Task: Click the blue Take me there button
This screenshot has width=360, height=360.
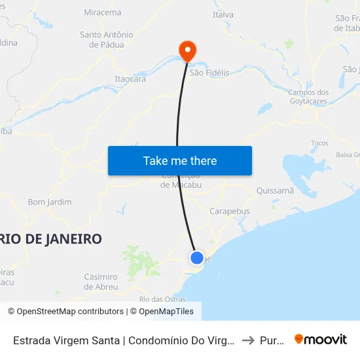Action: point(180,160)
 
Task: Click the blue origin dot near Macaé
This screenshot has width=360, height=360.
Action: point(196,257)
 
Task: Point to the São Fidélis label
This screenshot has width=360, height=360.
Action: point(209,73)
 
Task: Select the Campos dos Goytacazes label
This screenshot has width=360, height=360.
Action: point(308,97)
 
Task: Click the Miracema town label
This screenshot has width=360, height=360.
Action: point(103,12)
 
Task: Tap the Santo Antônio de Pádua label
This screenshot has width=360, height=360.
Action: point(107,39)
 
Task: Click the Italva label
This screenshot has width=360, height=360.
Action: point(223,14)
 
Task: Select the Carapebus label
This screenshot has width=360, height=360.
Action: point(230,211)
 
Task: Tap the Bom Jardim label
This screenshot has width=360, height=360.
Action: point(50,202)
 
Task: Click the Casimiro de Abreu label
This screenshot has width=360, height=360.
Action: point(101,281)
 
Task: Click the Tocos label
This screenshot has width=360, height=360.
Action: point(319,143)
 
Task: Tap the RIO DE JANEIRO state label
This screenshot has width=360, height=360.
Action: point(51,239)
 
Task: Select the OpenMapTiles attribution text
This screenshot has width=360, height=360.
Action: point(164,312)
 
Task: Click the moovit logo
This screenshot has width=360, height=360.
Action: point(321,339)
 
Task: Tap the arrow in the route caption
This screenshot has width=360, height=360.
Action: point(248,340)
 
